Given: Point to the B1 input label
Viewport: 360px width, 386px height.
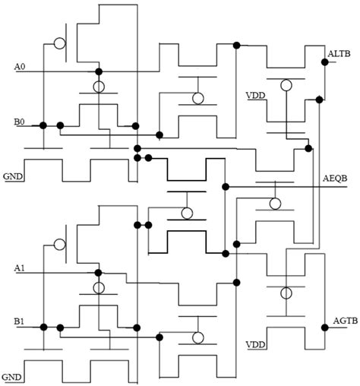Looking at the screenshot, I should [20, 322].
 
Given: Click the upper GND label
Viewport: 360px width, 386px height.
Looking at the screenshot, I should [12, 176].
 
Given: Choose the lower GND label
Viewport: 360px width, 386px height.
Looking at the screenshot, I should [12, 377].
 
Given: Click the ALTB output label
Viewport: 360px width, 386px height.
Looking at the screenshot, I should [338, 53].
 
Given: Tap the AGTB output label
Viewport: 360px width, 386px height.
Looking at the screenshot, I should [339, 322].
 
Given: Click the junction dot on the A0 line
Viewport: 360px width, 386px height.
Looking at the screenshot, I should [98, 72].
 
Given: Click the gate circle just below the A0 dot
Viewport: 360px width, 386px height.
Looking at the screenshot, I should [98, 87].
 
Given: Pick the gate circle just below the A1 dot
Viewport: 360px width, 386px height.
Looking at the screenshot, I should [98, 287].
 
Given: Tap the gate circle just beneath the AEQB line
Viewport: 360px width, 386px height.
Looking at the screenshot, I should [274, 204].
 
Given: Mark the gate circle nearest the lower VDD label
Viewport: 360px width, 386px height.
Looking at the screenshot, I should [286, 293].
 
